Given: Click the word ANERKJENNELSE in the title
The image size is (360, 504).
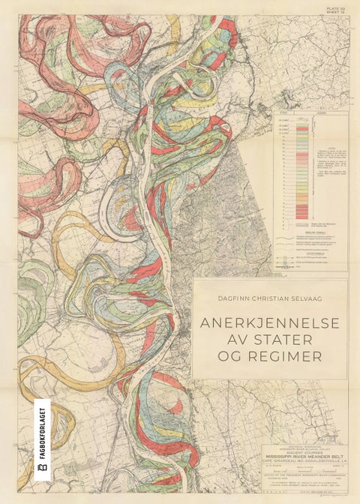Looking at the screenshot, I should pyautogui.click(x=269, y=323).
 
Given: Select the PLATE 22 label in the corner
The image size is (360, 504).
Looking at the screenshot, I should pyautogui.click(x=333, y=7).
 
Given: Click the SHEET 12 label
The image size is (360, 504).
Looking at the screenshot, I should pyautogui.click(x=333, y=12).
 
